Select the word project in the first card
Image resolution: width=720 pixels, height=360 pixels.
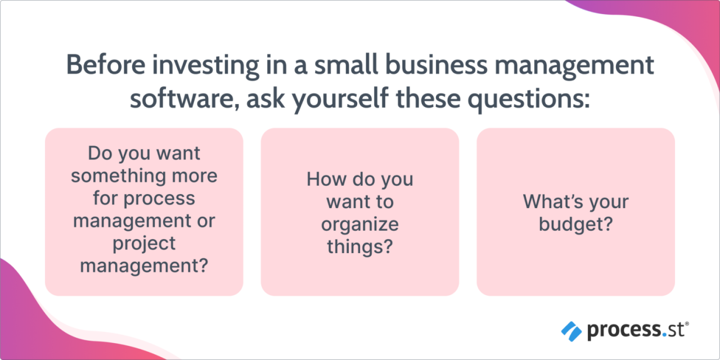(144, 243)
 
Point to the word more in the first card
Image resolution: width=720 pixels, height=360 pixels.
(196, 175)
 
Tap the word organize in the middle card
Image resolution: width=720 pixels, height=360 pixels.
(360, 224)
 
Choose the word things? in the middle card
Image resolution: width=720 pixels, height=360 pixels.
(360, 247)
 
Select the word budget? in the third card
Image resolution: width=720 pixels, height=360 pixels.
(575, 224)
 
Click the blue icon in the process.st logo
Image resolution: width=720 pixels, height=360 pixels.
(571, 331)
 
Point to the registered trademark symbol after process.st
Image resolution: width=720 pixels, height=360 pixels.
(686, 323)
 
